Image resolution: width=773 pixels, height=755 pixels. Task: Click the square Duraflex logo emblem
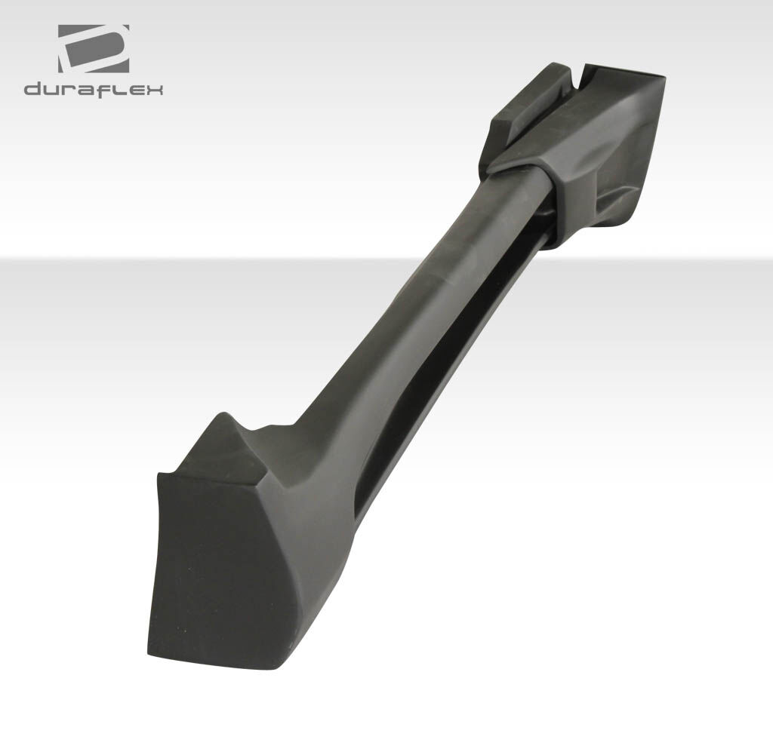coord(94,49)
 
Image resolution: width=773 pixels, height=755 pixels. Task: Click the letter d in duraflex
coord(32,89)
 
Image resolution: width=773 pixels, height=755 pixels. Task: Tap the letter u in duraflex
coord(51,91)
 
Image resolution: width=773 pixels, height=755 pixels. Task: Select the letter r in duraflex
coord(67,91)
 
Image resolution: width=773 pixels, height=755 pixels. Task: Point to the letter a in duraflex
coord(84,91)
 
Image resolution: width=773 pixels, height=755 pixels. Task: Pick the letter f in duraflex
coord(100,90)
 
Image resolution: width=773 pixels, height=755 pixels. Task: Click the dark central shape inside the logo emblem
coord(94,50)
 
